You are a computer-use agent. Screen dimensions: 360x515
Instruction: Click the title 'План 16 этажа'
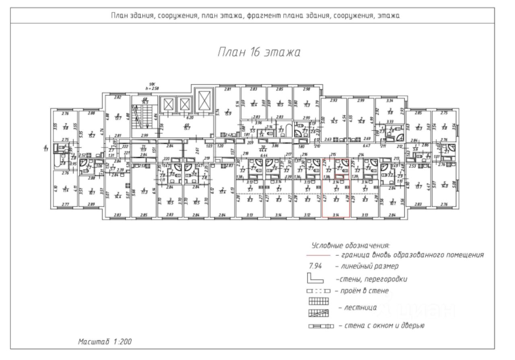(259, 52)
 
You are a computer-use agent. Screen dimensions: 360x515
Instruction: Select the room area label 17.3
(144, 191)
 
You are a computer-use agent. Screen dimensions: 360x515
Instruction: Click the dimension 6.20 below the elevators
(190, 118)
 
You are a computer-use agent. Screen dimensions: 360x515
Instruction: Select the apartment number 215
(333, 154)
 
